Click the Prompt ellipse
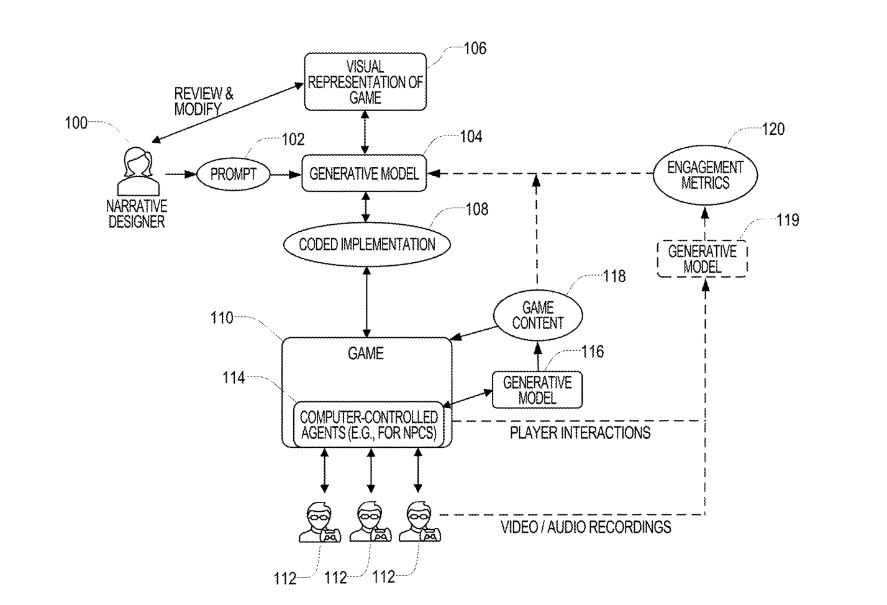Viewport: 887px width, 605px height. coord(233,174)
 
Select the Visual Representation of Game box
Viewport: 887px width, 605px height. coord(365,81)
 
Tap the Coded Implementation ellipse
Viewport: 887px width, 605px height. coord(366,244)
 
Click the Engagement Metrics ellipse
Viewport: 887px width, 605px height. coord(705,175)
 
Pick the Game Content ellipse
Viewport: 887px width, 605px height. coord(538,315)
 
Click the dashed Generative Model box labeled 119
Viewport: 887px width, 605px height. coord(702,259)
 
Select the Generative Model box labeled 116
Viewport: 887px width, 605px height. coord(537,389)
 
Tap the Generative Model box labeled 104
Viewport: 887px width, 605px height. coord(364,173)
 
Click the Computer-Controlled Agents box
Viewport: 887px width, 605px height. coord(368,424)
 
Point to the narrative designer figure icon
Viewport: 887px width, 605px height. coord(138,171)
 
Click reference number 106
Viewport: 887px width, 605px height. coord(475,48)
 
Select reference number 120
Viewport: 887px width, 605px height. coord(773,129)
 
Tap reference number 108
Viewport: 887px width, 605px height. coord(477,209)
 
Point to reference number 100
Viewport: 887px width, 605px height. coord(76,123)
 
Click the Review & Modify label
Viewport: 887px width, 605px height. coord(204,101)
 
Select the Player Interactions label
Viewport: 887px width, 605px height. coord(580,433)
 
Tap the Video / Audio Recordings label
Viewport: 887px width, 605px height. coord(586,527)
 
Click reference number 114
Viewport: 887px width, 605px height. coord(234,378)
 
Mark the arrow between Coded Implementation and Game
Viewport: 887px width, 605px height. coord(366,302)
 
